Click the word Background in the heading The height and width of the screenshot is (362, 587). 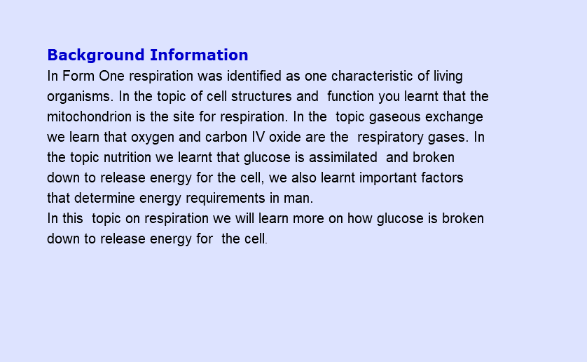pyautogui.click(x=96, y=55)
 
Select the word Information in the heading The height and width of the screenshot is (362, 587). pyautogui.click(x=199, y=55)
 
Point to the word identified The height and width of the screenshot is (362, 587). pyautogui.click(x=254, y=76)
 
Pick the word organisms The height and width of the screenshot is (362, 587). pyautogui.click(x=80, y=97)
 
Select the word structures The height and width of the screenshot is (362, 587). pyautogui.click(x=261, y=96)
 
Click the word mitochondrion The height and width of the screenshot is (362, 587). pyautogui.click(x=89, y=116)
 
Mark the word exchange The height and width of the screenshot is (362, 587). pyautogui.click(x=454, y=117)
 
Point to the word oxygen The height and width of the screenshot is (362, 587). pyautogui.click(x=153, y=138)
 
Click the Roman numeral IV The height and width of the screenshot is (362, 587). pyautogui.click(x=258, y=137)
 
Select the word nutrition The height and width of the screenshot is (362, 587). pyautogui.click(x=127, y=157)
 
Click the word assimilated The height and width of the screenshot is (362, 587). pyautogui.click(x=343, y=157)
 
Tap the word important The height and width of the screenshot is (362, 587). pyautogui.click(x=388, y=178)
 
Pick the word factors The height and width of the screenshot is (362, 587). pyautogui.click(x=442, y=177)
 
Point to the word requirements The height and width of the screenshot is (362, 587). pyautogui.click(x=226, y=199)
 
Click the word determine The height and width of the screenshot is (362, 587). pyautogui.click(x=104, y=198)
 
